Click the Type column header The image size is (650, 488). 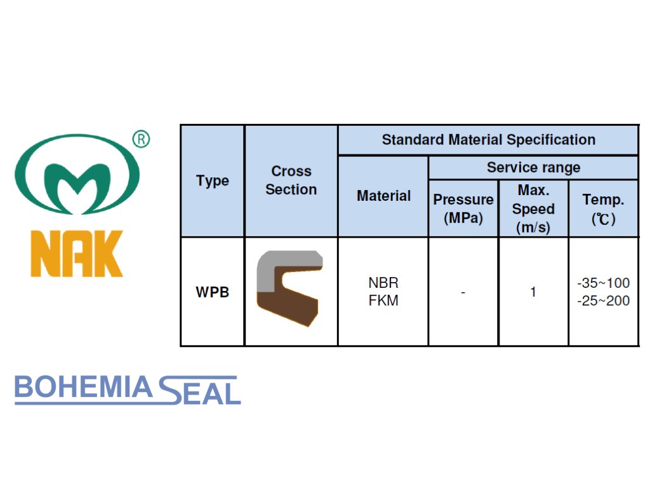coord(213,180)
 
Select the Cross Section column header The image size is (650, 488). coord(291,180)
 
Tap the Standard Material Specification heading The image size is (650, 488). coord(488,140)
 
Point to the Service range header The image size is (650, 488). coord(533,168)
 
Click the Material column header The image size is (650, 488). coord(383,196)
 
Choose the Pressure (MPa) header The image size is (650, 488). coord(463,208)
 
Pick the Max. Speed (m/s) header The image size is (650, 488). coord(533,208)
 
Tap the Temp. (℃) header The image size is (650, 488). coord(603,208)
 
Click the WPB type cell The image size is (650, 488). coord(213,293)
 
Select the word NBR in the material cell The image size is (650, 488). coord(383,283)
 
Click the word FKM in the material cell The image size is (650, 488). coord(383,301)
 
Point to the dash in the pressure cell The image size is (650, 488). coord(463,292)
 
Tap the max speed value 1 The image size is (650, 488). coord(533,292)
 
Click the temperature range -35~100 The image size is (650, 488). coord(603,283)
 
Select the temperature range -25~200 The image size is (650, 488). coord(603,301)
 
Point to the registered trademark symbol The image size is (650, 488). coord(141,139)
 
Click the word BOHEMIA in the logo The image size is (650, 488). coord(83,388)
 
